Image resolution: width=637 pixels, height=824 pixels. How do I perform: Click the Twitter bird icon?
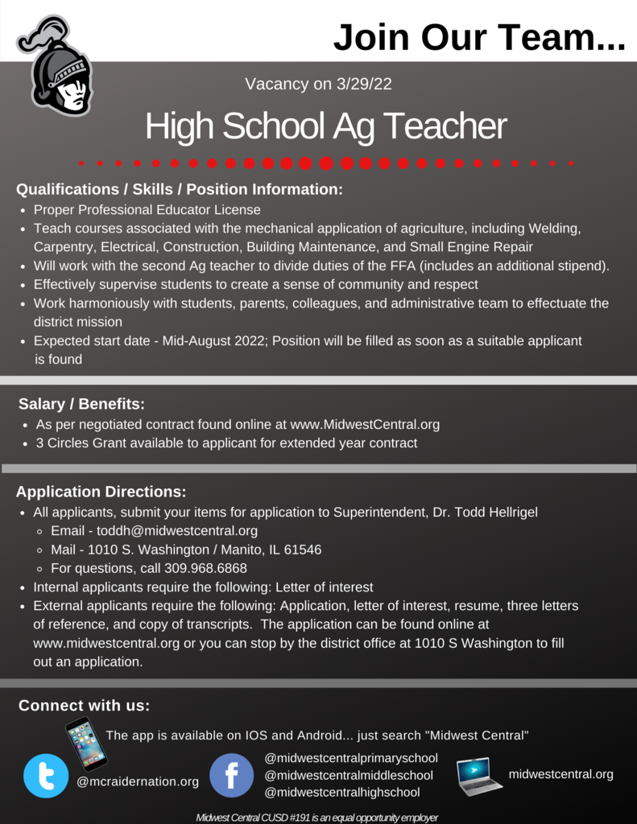(46, 776)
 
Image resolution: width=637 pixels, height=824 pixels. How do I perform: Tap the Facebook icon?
(232, 776)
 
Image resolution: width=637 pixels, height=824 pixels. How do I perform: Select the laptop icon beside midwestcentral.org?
(478, 776)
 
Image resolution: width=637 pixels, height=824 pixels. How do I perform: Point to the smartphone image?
(86, 744)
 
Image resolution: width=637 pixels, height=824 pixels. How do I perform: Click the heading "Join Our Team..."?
(478, 38)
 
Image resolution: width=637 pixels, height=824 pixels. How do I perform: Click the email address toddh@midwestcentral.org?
(177, 531)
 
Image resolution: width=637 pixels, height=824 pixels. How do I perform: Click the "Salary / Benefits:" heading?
(81, 404)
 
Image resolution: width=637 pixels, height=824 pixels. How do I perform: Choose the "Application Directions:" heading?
(101, 492)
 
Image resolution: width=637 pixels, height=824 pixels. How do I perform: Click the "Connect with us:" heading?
(84, 706)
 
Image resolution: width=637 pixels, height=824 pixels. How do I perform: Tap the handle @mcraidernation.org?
(138, 781)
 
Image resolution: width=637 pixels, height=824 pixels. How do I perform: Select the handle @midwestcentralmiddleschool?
(349, 775)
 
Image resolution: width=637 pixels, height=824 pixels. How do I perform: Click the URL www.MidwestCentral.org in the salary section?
(364, 424)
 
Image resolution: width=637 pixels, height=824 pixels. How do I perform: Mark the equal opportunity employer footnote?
(317, 818)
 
